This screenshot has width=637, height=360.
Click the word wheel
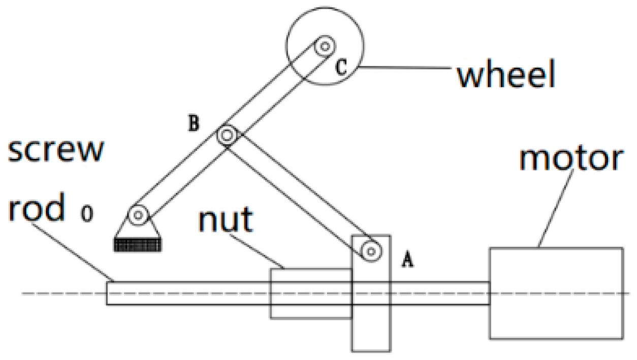point(505,75)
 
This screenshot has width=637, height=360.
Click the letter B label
point(193,124)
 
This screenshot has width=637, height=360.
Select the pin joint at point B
point(227,136)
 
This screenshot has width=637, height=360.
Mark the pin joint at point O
point(137,215)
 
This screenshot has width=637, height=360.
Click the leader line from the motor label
point(556,208)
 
